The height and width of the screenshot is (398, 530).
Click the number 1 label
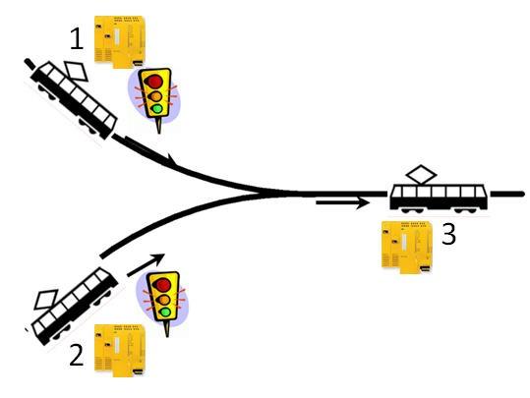click(77, 39)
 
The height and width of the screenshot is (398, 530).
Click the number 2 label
click(77, 356)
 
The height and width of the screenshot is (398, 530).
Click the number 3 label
click(448, 234)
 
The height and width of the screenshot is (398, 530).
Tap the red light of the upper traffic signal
click(153, 82)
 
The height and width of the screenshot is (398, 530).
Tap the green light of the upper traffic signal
click(157, 108)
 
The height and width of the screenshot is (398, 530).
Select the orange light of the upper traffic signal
click(155, 96)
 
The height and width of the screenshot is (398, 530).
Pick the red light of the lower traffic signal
click(162, 285)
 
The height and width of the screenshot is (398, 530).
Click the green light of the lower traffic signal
click(165, 313)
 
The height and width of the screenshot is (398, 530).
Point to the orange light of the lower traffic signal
click(164, 300)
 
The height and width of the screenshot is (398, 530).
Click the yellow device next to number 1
click(120, 41)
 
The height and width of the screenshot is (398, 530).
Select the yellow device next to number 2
click(120, 351)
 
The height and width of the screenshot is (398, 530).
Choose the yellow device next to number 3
click(407, 248)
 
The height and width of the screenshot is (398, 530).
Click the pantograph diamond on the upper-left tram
click(77, 72)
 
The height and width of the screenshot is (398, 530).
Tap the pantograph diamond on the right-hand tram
click(421, 175)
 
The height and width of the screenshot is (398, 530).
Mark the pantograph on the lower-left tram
click(46, 300)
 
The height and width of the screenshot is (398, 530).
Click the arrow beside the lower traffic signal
click(146, 265)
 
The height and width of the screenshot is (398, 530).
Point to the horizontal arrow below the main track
click(343, 203)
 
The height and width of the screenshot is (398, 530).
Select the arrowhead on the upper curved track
click(171, 159)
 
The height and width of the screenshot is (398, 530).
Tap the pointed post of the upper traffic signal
click(159, 125)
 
